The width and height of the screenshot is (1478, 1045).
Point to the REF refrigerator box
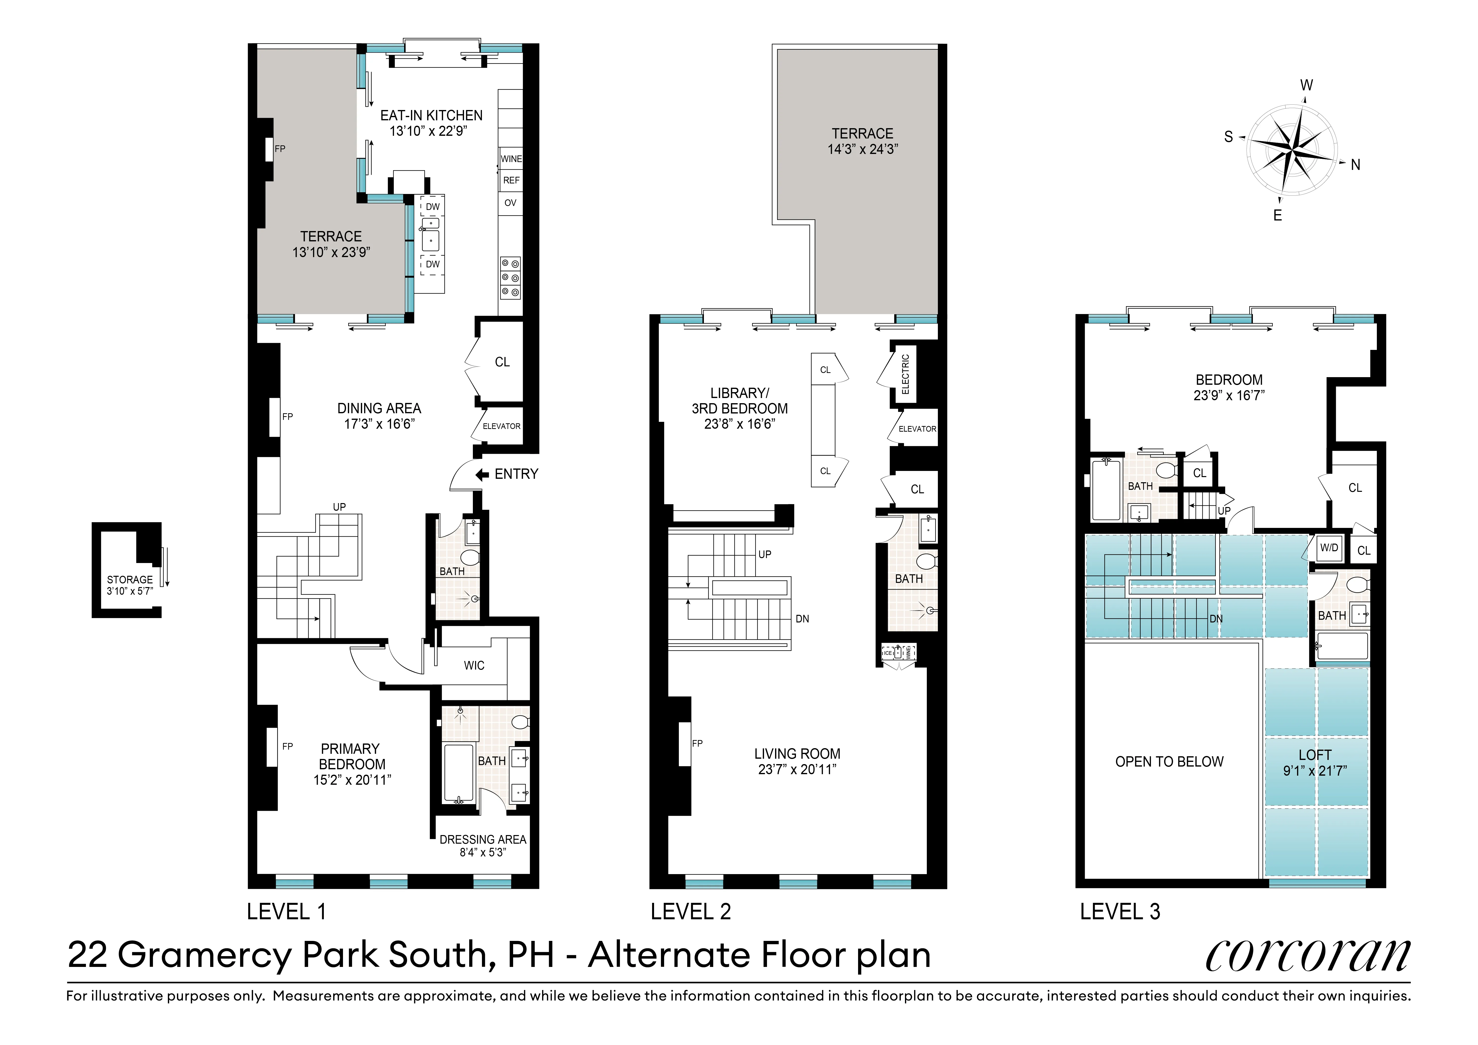pos(511,180)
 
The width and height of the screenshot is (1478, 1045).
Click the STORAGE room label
pos(129,579)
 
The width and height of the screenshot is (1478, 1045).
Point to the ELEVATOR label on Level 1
pos(501,426)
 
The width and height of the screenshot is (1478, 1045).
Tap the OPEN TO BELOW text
pos(1169,762)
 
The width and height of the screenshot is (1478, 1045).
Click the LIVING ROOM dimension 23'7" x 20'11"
pos(797,770)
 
